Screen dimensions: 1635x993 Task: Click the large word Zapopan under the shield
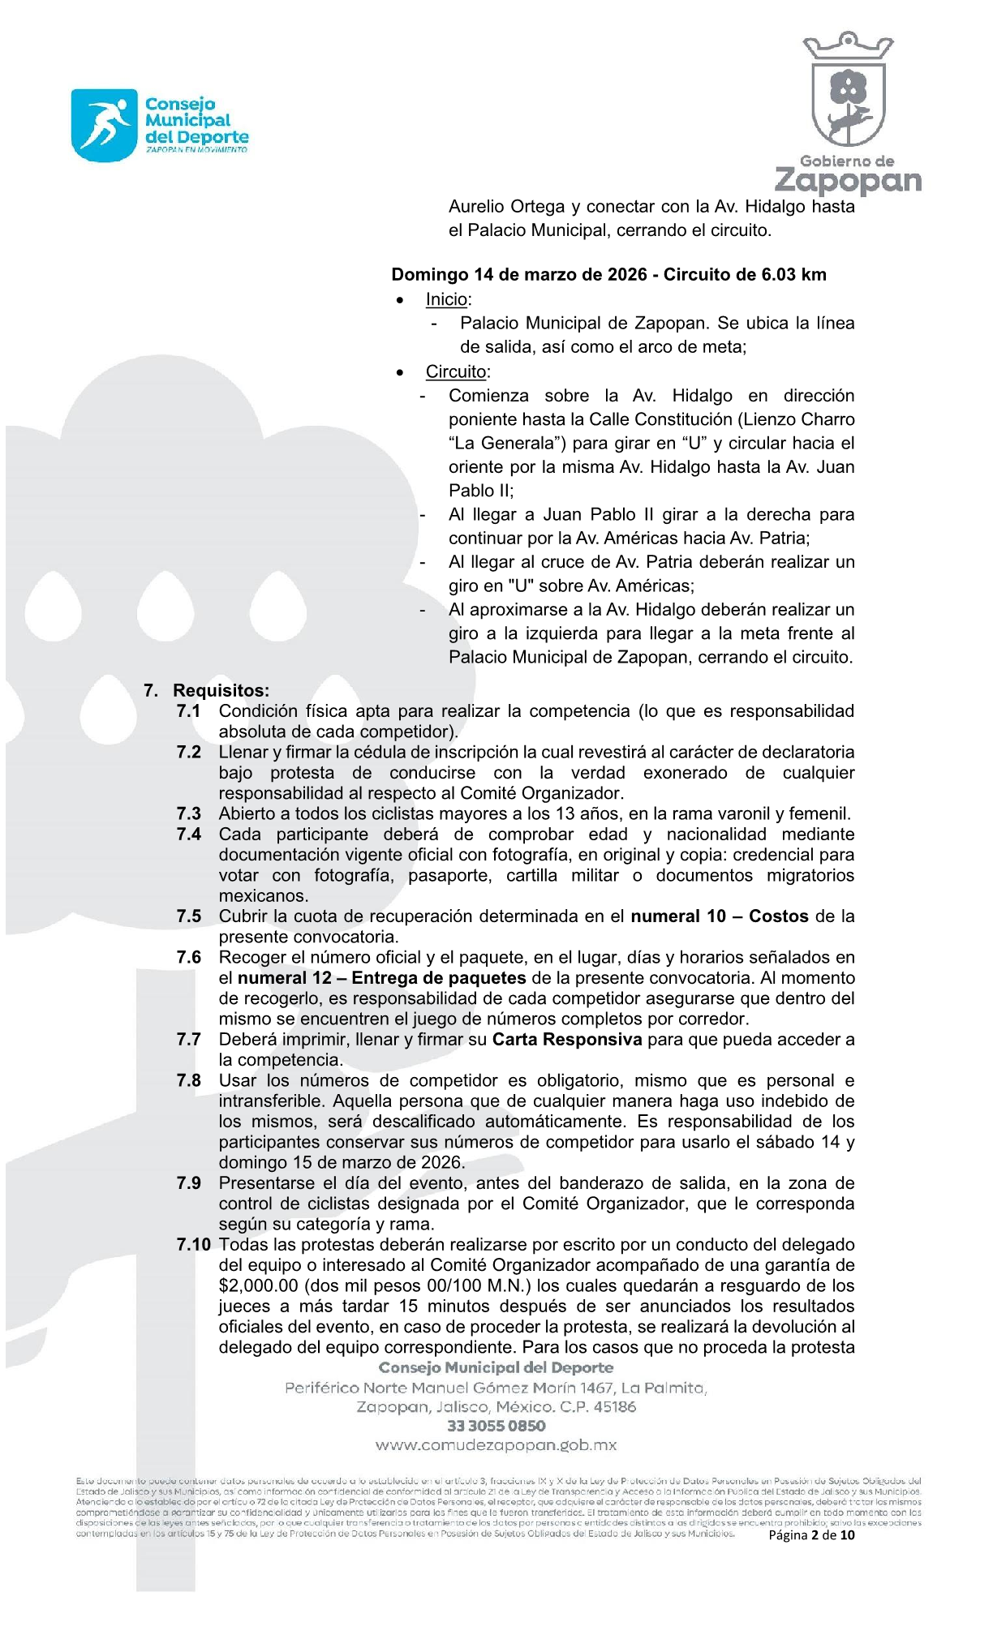click(x=848, y=181)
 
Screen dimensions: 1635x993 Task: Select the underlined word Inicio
click(x=446, y=299)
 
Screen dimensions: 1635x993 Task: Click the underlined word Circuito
click(x=456, y=371)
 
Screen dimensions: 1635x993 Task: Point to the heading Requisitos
click(x=221, y=690)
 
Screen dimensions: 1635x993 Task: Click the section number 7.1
click(x=188, y=711)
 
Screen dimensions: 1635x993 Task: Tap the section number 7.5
click(x=188, y=916)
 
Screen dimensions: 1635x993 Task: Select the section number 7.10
click(x=193, y=1244)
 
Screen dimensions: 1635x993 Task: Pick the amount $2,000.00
click(x=258, y=1285)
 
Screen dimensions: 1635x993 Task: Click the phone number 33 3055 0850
click(x=496, y=1426)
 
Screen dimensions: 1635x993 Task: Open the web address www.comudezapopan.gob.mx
click(x=496, y=1445)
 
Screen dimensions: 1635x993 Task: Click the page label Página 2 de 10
click(x=811, y=1534)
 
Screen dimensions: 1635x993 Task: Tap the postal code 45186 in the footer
click(x=614, y=1407)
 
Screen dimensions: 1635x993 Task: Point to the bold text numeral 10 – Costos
click(x=720, y=916)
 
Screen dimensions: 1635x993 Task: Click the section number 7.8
click(x=188, y=1080)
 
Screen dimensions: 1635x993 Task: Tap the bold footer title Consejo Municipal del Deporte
click(x=496, y=1368)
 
